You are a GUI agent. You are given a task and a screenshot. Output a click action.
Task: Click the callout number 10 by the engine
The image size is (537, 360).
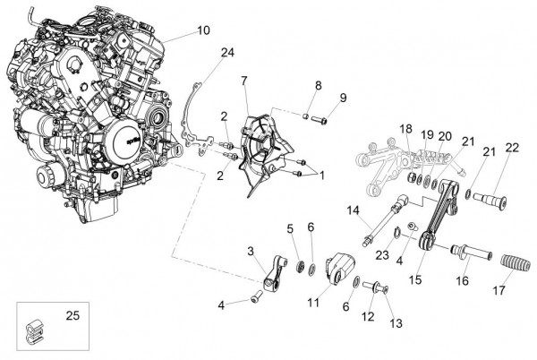pos(203,30)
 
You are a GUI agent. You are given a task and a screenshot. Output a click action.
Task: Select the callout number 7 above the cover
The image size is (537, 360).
pos(243,82)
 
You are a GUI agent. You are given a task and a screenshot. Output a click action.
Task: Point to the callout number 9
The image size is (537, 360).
pos(342,97)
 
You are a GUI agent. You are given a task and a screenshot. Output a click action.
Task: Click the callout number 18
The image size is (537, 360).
pos(406,129)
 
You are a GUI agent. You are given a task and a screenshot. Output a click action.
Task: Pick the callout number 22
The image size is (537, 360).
pos(511,148)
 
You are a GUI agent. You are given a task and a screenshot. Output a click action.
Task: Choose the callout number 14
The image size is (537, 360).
pos(354,210)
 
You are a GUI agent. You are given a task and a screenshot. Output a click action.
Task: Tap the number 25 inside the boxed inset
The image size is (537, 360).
pos(72,315)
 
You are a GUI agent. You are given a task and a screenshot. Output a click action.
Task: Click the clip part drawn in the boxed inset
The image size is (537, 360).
pos(35,330)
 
